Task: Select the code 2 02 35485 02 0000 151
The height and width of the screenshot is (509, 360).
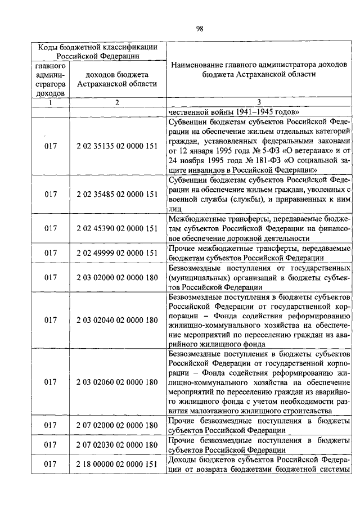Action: (x=116, y=195)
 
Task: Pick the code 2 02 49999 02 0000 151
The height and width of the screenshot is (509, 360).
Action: (x=116, y=253)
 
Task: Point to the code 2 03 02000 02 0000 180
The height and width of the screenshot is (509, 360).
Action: (x=116, y=277)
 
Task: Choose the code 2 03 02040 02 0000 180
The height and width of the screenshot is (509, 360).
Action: (x=116, y=320)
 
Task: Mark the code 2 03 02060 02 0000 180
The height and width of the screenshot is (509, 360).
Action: (x=116, y=382)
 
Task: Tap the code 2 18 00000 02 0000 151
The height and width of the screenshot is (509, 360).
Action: (x=116, y=465)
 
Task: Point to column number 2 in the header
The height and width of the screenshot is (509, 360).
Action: (x=116, y=102)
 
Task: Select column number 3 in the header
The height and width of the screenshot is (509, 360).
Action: (x=259, y=102)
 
